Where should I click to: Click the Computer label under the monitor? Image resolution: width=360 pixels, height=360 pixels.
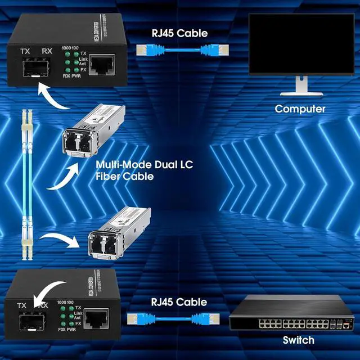click(300, 109)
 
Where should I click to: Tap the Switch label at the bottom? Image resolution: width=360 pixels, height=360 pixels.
click(298, 340)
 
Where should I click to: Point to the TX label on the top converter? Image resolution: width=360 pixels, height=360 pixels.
click(25, 51)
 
